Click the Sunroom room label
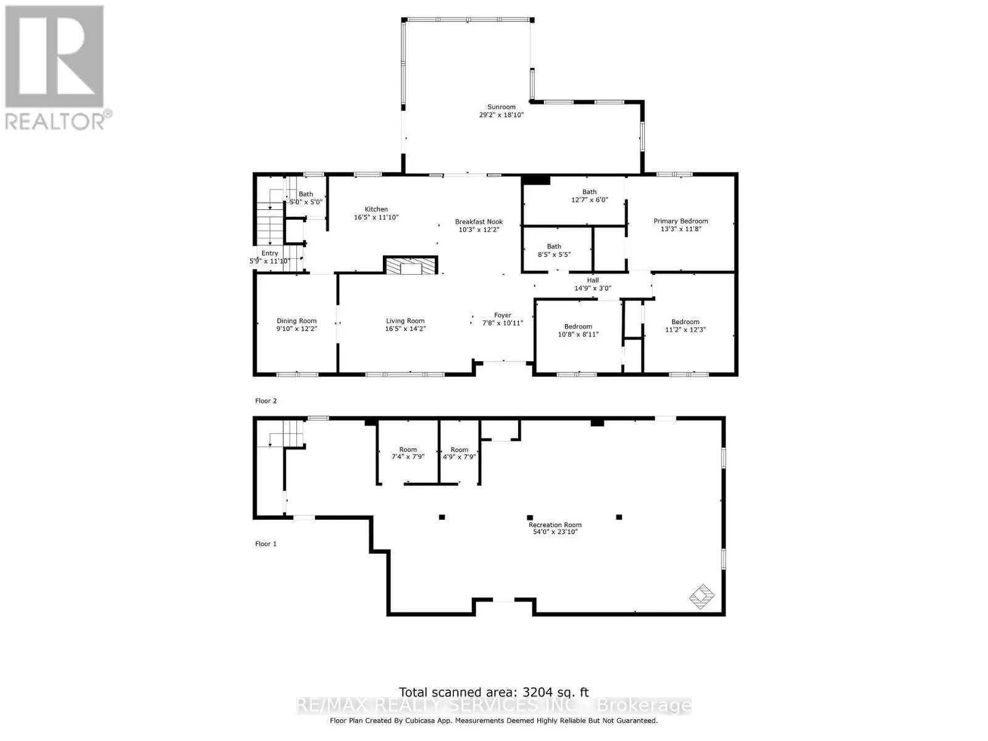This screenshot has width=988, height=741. [501, 107]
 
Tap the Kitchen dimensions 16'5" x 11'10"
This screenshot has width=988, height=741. [376, 217]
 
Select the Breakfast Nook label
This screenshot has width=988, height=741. [479, 222]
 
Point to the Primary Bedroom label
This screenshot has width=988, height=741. [680, 221]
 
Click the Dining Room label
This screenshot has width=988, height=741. [296, 320]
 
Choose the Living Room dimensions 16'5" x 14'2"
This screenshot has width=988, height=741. [405, 329]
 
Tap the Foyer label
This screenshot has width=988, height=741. [502, 316]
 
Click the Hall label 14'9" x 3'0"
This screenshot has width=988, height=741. [592, 284]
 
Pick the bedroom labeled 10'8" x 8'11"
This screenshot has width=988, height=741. [578, 330]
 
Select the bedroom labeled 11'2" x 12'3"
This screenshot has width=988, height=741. [685, 326]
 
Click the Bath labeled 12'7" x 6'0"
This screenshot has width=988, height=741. [589, 196]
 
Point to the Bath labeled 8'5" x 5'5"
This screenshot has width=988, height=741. [554, 251]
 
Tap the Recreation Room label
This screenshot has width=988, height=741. [555, 525]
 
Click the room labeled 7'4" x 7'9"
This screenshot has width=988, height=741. [408, 453]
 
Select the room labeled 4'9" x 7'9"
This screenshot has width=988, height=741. [459, 453]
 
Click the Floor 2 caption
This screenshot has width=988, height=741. [266, 401]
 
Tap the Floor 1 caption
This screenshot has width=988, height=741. [266, 544]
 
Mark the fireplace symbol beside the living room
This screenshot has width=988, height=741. [411, 266]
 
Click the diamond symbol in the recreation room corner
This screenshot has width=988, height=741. [701, 597]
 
